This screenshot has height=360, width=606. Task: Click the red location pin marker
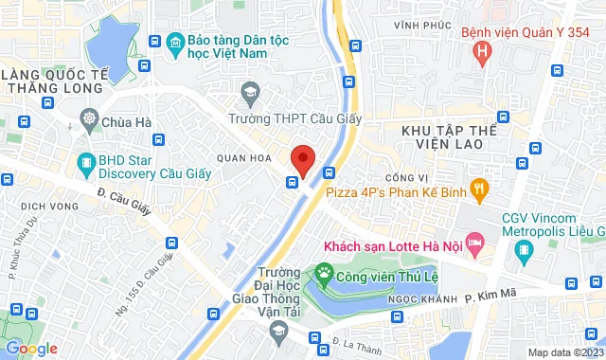pos(302,158)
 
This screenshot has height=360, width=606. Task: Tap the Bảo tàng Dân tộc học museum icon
pos(174,43)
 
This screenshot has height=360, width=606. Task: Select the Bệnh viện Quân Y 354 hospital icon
pos(483,50)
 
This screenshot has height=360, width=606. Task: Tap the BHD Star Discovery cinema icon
pos(87,166)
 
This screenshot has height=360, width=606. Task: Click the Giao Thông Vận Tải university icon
pos(278,330)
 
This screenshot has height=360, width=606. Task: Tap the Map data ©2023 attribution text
pos(564,352)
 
